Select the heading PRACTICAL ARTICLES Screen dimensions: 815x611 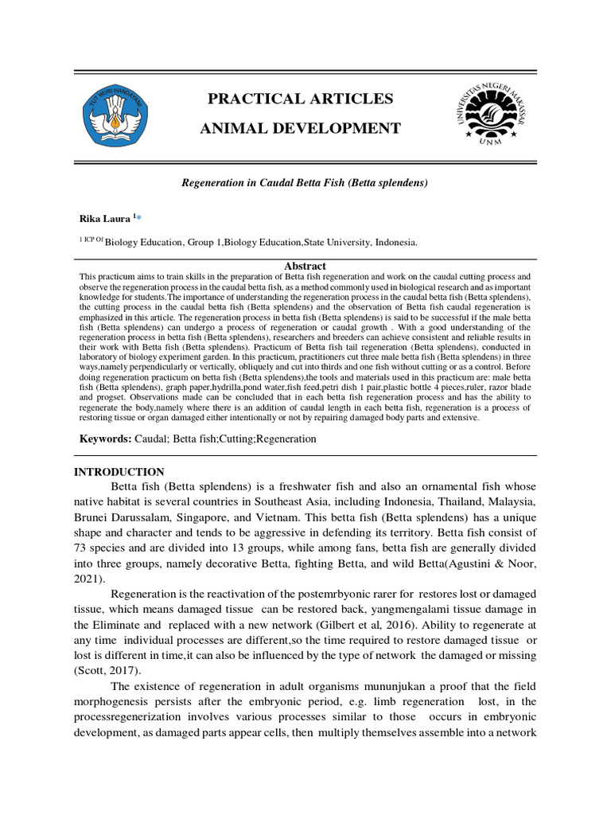[x=300, y=99]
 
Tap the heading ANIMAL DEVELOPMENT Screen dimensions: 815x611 [x=300, y=128]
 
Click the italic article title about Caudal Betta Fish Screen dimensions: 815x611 [x=305, y=183]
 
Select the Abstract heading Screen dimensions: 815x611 [x=305, y=266]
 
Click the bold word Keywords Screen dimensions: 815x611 [x=104, y=439]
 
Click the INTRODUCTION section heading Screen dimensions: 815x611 [x=119, y=472]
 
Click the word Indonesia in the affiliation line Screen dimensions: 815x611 [x=393, y=243]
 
